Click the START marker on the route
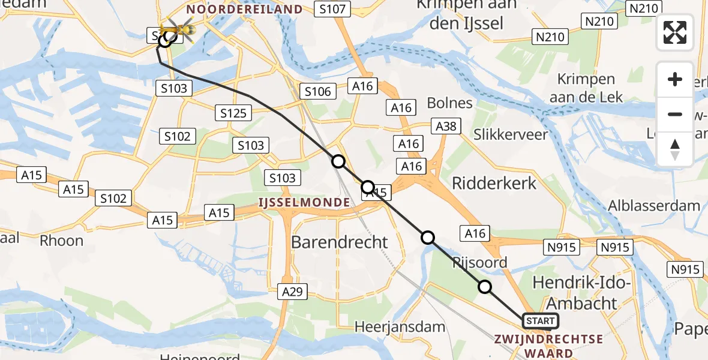[x=540, y=321]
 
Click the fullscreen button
[x=675, y=32]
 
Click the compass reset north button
[x=675, y=149]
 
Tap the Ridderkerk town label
[x=494, y=184]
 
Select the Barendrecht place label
[x=340, y=242]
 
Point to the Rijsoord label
[x=479, y=262]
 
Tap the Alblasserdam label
[x=654, y=206]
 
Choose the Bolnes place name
[x=450, y=103]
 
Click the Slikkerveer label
[x=511, y=134]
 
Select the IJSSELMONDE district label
[x=304, y=203]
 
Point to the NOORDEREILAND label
[x=244, y=9]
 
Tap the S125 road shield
[x=233, y=113]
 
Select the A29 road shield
[x=293, y=292]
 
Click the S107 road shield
[x=332, y=9]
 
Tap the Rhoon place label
[x=61, y=241]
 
